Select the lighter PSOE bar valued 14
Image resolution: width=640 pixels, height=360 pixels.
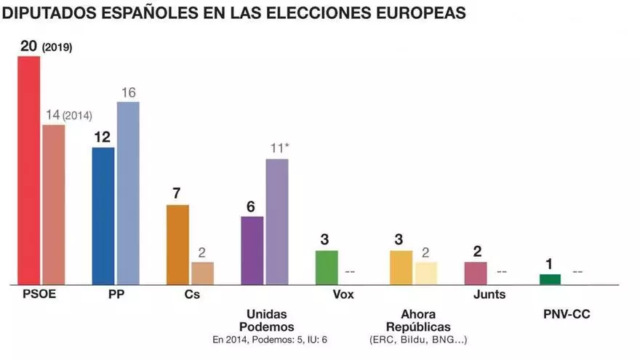coord(54,204)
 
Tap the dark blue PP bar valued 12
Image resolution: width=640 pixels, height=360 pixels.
coord(103,215)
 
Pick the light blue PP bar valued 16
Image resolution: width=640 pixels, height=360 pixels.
coord(128,193)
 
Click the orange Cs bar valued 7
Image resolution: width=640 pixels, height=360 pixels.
coord(177,244)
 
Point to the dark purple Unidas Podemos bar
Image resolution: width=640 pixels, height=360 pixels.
coord(252,250)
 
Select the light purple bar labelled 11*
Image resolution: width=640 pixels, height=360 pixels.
coord(276,221)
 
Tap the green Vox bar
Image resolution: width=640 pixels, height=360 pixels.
coord(327,267)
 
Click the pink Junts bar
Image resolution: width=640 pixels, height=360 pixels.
coord(475,273)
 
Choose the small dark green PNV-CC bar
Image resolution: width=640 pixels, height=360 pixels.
coord(550,279)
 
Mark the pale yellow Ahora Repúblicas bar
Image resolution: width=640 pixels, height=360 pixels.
coord(425,273)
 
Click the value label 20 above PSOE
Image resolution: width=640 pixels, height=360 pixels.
coord(28,46)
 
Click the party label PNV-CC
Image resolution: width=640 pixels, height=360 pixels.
coord(567,313)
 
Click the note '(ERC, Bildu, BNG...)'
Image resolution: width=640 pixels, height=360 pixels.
coord(418,340)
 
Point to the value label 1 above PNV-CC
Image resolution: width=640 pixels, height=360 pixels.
coord(549,263)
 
